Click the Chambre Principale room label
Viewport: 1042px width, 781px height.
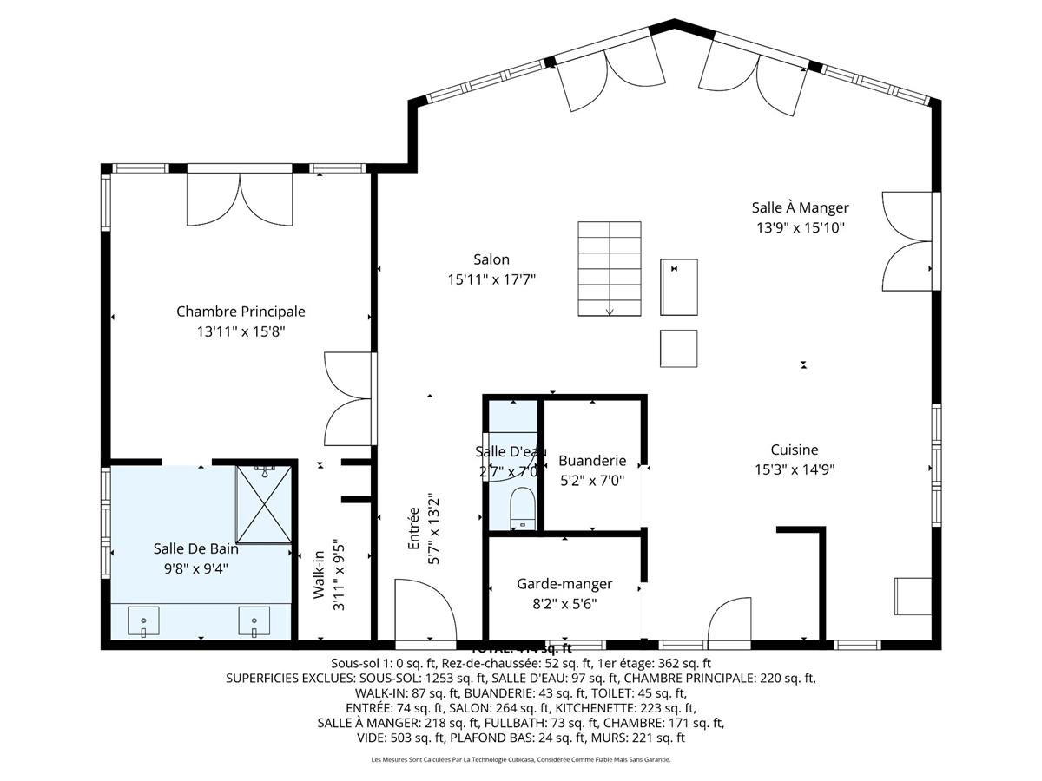tap(241, 312)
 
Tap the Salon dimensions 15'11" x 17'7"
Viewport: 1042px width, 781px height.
tap(491, 279)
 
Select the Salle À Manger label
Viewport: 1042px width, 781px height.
tap(800, 207)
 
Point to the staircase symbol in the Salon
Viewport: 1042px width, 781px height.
tap(610, 270)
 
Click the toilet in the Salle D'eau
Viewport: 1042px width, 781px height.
tap(523, 508)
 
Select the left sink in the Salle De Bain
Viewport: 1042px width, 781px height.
tap(142, 621)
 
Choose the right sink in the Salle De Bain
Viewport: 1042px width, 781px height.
tap(254, 621)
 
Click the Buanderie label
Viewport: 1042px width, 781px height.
tap(591, 461)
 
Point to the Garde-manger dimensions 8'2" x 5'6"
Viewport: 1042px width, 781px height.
tap(564, 604)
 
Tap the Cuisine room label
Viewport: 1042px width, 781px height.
tap(794, 450)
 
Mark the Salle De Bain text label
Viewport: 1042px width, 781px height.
tap(195, 548)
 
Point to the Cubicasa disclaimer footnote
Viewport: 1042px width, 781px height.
tap(521, 760)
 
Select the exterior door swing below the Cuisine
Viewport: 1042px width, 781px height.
tap(729, 620)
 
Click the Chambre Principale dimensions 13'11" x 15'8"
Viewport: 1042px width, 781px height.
tap(241, 331)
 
